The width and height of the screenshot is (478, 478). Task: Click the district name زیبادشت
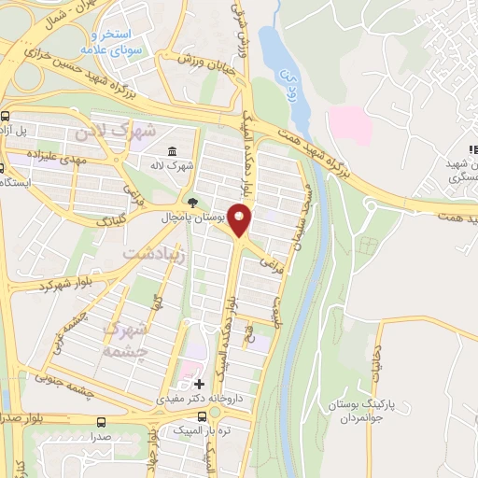(x=154, y=253)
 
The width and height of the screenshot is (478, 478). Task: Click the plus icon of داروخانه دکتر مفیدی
(x=197, y=384)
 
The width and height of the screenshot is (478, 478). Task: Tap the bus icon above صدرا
(x=100, y=421)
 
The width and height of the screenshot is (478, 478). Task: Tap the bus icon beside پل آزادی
(x=7, y=118)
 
